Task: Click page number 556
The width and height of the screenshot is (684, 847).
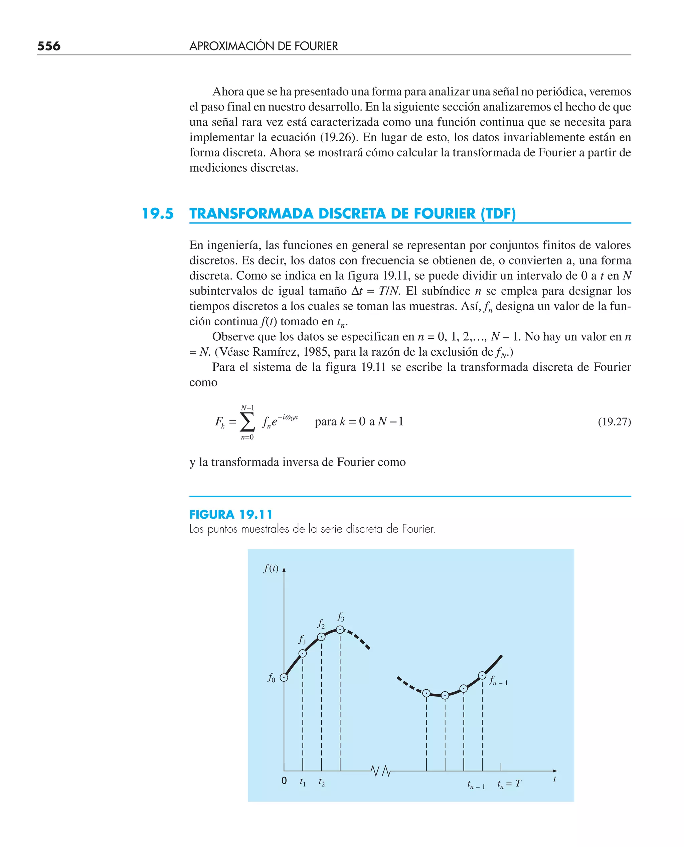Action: pyautogui.click(x=49, y=46)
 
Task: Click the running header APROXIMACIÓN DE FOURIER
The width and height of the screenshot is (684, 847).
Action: pyautogui.click(x=263, y=46)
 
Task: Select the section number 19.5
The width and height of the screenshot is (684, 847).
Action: pyautogui.click(x=158, y=213)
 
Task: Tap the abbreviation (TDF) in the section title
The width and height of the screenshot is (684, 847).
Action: pyautogui.click(x=498, y=213)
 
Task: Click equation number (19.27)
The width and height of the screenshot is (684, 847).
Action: pyautogui.click(x=614, y=422)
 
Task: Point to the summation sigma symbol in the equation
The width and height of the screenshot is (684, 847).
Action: pyautogui.click(x=247, y=422)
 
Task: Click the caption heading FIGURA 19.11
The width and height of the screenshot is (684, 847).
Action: pyautogui.click(x=231, y=514)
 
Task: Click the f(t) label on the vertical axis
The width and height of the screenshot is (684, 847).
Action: pyautogui.click(x=271, y=568)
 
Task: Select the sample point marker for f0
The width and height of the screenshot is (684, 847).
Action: pyautogui.click(x=284, y=678)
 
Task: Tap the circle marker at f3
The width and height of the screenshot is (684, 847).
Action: pyautogui.click(x=340, y=630)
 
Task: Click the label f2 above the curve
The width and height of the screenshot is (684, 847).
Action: pyautogui.click(x=321, y=624)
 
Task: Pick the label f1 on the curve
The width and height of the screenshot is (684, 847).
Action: pyautogui.click(x=302, y=639)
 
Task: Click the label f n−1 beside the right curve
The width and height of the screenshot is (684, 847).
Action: pyautogui.click(x=498, y=680)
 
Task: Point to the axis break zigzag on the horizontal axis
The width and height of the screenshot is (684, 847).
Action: pyautogui.click(x=381, y=771)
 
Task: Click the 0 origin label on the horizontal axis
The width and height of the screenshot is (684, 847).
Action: pyautogui.click(x=284, y=781)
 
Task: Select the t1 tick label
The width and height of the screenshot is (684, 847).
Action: pyautogui.click(x=303, y=782)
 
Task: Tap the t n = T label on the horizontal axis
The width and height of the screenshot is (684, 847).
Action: pyautogui.click(x=509, y=784)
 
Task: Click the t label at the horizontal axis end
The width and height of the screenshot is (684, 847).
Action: pyautogui.click(x=554, y=779)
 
